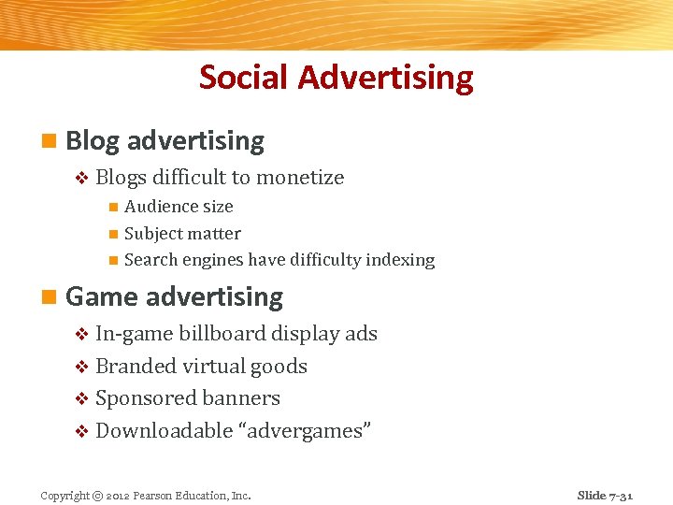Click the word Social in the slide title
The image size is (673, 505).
click(245, 77)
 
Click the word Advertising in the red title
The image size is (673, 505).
click(385, 77)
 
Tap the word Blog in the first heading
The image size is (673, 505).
click(93, 141)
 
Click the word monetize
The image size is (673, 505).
click(300, 178)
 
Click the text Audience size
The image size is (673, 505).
click(179, 207)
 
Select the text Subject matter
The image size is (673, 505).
click(182, 234)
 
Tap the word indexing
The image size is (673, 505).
click(399, 260)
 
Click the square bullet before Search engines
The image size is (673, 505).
click(112, 261)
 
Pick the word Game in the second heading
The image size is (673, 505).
click(103, 297)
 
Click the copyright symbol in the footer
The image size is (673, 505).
click(97, 496)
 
